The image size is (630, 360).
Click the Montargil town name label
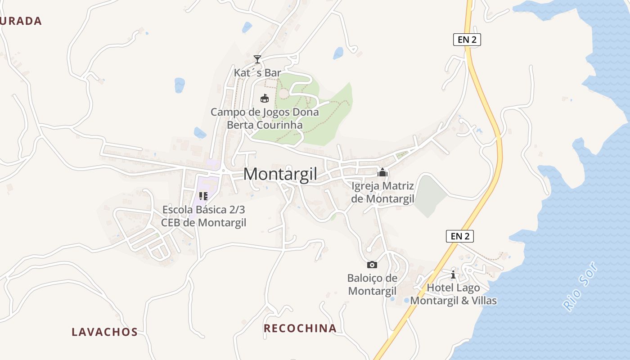pos(280,174)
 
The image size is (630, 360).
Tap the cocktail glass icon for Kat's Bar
pos(257,59)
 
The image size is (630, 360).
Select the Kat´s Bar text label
pos(257,72)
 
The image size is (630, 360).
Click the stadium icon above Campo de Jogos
pos(265,98)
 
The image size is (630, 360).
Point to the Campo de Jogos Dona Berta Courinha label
pos(265,118)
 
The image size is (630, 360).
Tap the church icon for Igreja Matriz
pos(382,172)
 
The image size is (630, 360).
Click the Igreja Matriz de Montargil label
pos(382,192)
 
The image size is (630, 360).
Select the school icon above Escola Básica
pos(203,196)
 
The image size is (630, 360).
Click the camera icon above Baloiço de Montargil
pos(372,265)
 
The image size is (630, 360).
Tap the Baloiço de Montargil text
pos(372,284)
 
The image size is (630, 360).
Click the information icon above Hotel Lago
pos(453,274)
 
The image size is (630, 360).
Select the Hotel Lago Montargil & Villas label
pos(453,294)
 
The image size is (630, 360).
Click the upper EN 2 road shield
pos(467,40)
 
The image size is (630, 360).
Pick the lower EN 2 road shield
pos(460,236)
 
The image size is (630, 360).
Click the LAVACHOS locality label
pos(104,332)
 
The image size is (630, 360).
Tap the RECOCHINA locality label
pos(300,328)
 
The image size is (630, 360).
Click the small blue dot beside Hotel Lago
pos(407,300)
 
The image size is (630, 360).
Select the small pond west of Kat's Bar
pos(180,85)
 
